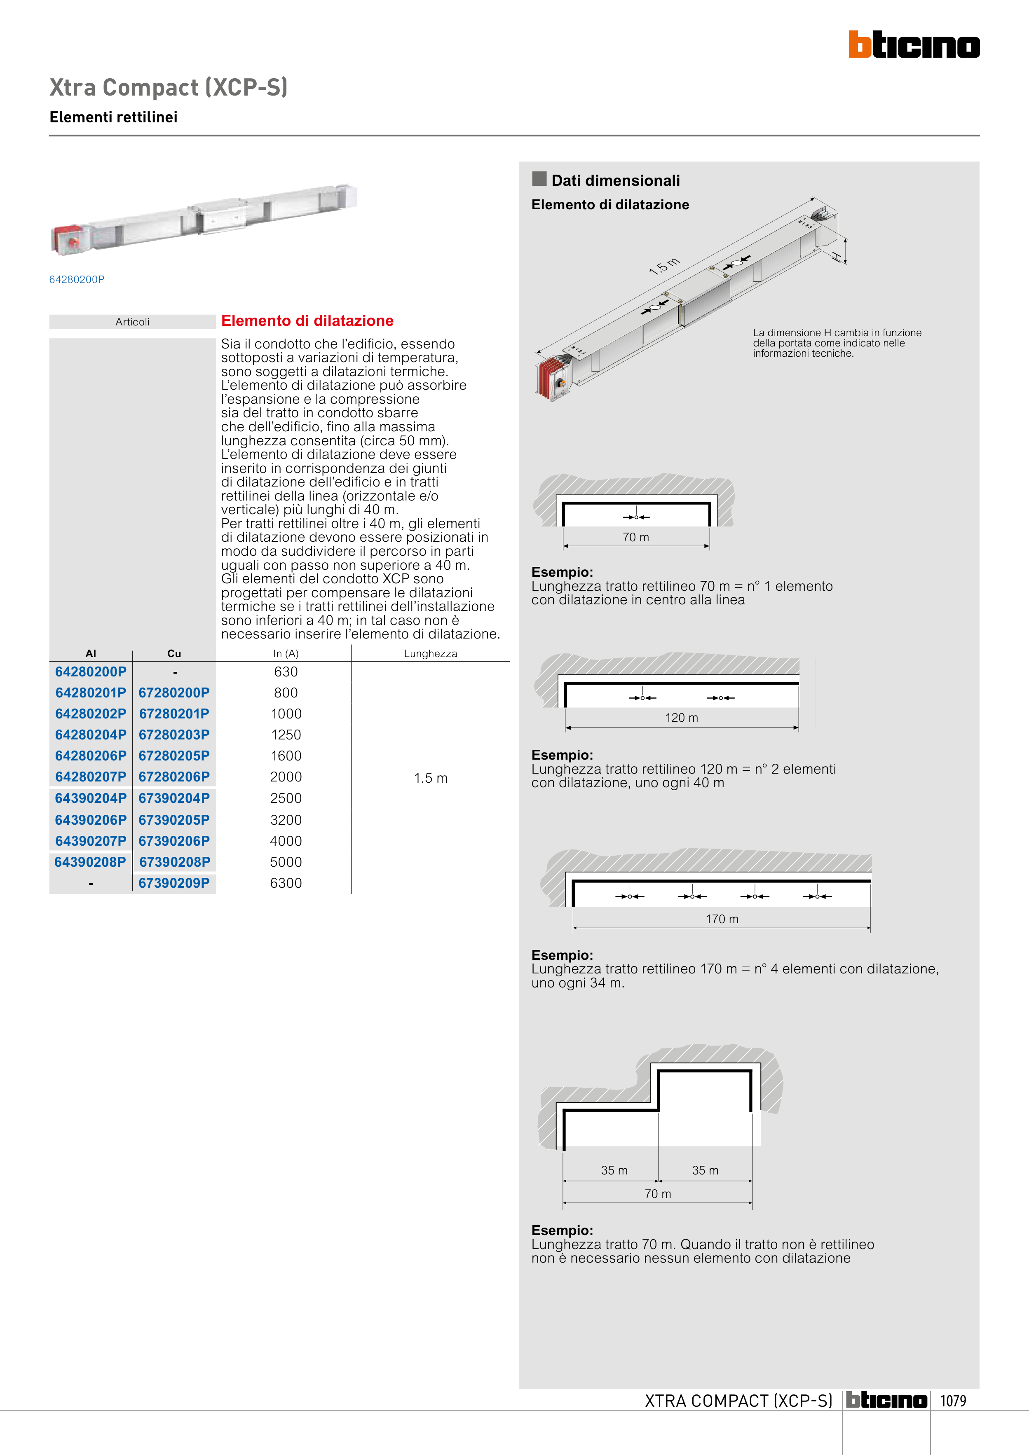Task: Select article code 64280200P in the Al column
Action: [x=91, y=672]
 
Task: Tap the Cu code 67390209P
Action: [x=174, y=883]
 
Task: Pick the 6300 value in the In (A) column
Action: [x=286, y=883]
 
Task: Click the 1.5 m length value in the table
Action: [x=431, y=778]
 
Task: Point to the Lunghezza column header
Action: [x=431, y=653]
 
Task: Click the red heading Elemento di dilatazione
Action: [x=307, y=320]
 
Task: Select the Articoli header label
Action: [x=133, y=322]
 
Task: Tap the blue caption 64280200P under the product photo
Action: [x=77, y=279]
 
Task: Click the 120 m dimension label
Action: [x=682, y=717]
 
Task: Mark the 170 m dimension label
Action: [x=722, y=919]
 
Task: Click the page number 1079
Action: [x=953, y=1401]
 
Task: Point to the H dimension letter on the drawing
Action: [x=837, y=256]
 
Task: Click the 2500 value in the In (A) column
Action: [x=286, y=798]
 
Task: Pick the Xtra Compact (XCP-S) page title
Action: [x=169, y=87]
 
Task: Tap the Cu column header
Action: [x=174, y=653]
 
